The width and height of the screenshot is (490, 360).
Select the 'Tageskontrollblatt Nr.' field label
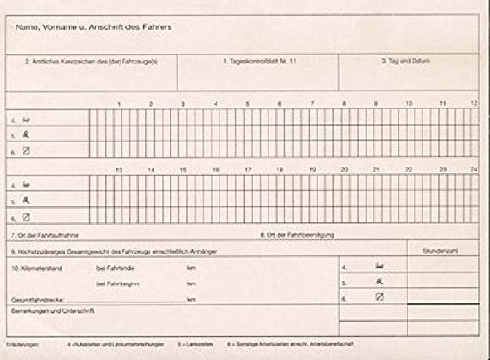coord(241,61)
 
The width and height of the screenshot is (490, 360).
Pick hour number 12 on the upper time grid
coord(473,102)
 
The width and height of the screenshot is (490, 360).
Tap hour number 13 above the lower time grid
coord(119,170)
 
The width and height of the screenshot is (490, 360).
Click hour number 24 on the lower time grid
coord(472,170)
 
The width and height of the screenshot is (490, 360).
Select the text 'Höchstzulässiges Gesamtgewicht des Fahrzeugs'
coord(98,251)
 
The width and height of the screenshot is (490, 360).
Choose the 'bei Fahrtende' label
coord(117,267)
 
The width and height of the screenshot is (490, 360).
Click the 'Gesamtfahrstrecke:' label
coord(36,298)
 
